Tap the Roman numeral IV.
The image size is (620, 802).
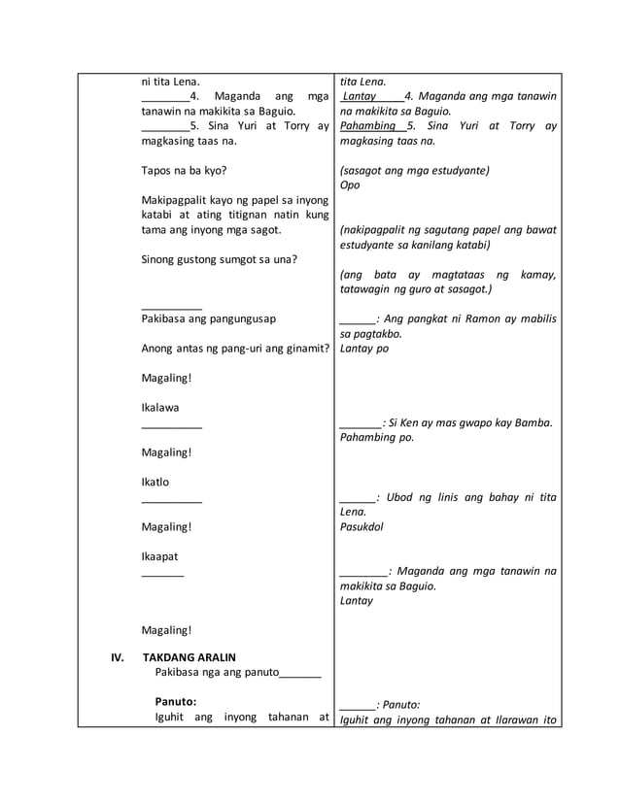pos(118,656)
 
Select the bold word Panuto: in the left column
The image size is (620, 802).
pos(176,701)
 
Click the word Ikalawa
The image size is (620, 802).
pos(160,407)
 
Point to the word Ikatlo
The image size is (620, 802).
pos(156,482)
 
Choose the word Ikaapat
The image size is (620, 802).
pos(159,556)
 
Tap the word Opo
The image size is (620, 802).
pos(350,185)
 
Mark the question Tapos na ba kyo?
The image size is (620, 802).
pos(184,170)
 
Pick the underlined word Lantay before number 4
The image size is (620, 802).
pos(360,96)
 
